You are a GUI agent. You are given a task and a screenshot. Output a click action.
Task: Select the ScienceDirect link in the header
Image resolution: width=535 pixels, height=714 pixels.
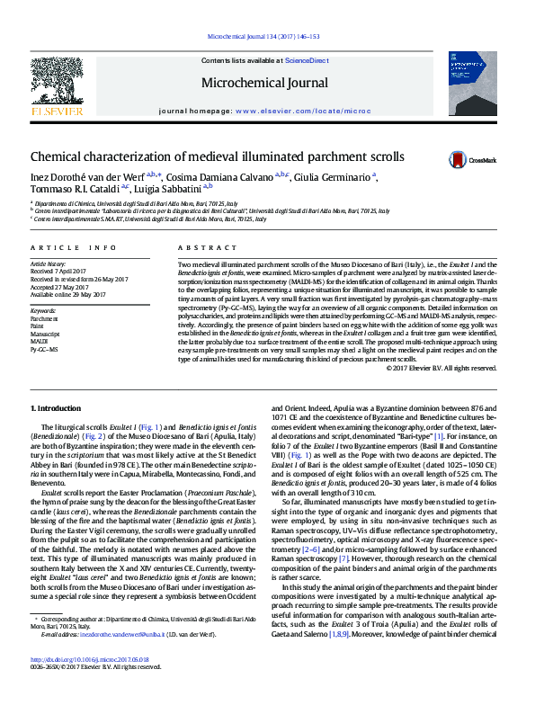[x=307, y=60]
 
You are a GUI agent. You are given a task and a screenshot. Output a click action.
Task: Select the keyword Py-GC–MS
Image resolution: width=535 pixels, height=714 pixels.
[x=45, y=349]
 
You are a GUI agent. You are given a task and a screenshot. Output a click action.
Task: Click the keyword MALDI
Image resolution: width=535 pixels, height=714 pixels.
[x=40, y=342]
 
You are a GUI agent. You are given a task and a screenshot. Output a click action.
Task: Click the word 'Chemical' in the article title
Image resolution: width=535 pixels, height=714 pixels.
[x=60, y=156]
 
